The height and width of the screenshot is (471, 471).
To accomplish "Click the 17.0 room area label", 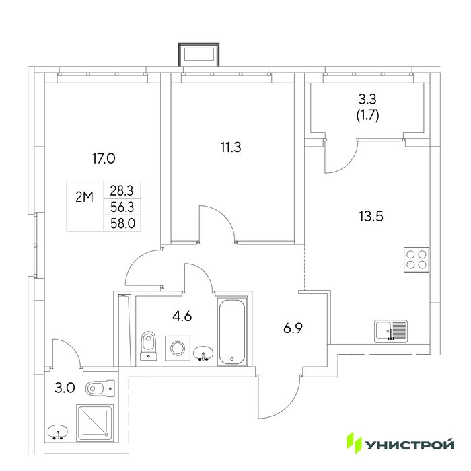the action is click(x=104, y=158).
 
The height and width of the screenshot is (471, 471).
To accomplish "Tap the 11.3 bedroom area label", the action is click(x=231, y=147).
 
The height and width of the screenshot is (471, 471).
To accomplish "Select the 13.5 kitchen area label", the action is click(x=371, y=216).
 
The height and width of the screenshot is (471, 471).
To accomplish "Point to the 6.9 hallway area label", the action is click(x=293, y=328).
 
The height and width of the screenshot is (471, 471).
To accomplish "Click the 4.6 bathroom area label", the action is click(x=182, y=316).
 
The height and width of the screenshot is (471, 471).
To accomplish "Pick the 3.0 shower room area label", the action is click(x=65, y=388).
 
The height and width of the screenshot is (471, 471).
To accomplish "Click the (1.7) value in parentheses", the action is click(x=367, y=115).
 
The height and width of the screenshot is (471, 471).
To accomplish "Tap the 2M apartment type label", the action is click(x=84, y=197).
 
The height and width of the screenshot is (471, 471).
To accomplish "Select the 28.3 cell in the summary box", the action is click(x=122, y=190).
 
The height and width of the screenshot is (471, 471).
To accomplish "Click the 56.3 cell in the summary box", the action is click(x=122, y=207).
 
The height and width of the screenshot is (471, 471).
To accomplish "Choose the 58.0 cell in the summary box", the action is click(x=122, y=223).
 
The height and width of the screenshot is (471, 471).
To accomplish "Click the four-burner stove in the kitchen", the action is click(x=416, y=260).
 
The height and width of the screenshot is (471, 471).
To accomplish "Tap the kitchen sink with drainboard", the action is click(x=391, y=331).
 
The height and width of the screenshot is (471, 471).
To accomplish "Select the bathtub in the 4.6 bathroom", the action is click(x=232, y=332).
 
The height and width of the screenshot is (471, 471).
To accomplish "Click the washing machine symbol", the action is click(x=178, y=348).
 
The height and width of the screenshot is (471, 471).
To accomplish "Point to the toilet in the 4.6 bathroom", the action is click(x=149, y=345).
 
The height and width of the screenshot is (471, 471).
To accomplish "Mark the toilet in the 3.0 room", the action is click(x=100, y=389).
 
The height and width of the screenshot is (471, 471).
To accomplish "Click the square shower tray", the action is click(x=96, y=423).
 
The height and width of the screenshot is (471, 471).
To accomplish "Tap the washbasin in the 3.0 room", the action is click(x=58, y=433).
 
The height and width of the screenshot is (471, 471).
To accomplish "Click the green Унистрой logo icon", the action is click(x=354, y=443).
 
